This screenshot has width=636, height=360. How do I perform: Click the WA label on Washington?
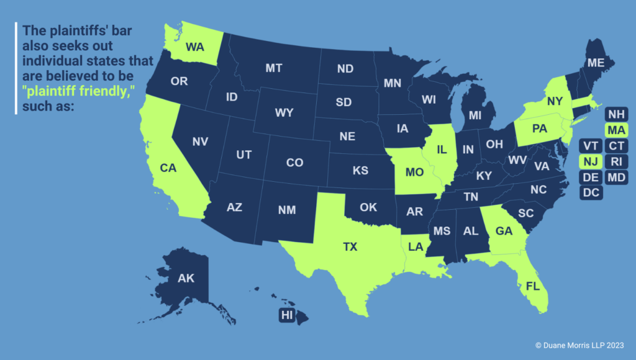pos(194,47)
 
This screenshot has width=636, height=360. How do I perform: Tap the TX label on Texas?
pos(350,246)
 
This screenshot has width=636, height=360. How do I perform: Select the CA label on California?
pos(168,168)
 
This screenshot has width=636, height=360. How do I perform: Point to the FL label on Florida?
pos(533,287)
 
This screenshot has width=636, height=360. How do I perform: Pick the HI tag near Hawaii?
pos(286,315)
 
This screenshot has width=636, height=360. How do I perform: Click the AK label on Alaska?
pos(186,277)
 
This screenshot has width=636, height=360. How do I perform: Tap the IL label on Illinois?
pos(442,150)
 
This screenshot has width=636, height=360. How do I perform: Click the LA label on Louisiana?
pos(416,246)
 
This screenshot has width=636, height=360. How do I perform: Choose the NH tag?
pos(616,115)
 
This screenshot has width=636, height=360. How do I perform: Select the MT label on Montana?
pos(274,68)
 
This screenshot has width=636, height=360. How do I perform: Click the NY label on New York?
pos(555,101)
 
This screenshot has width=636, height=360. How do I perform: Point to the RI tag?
pos(616,161)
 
